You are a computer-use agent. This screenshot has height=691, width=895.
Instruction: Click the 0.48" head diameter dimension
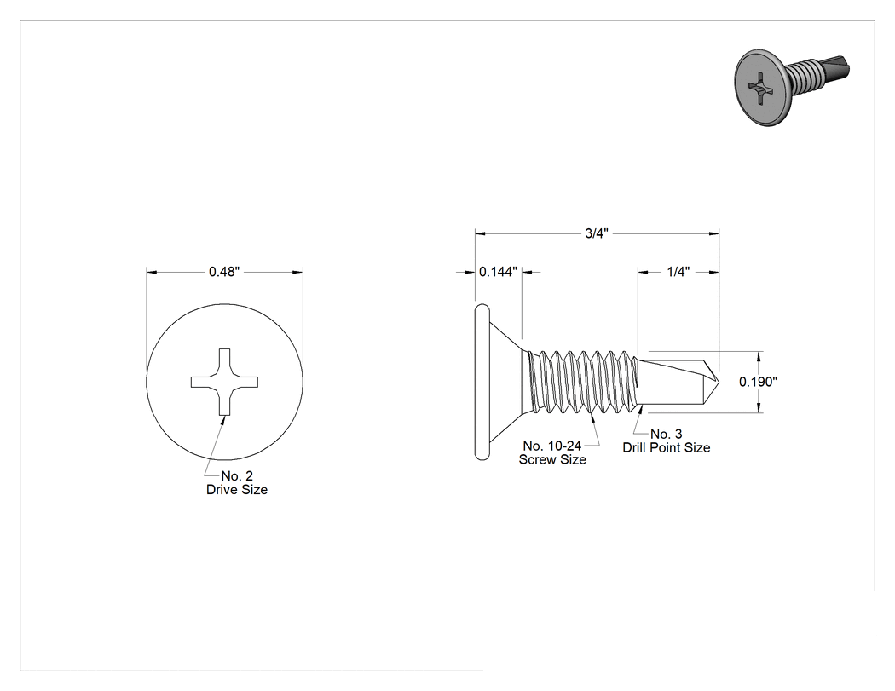[223, 272]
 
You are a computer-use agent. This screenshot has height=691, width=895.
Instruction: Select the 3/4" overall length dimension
[597, 233]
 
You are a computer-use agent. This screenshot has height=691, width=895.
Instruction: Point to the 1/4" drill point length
[678, 272]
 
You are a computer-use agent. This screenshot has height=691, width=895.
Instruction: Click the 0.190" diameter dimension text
[758, 382]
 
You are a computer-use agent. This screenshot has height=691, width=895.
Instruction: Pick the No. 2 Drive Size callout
[237, 483]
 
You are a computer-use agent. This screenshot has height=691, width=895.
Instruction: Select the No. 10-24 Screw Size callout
[552, 452]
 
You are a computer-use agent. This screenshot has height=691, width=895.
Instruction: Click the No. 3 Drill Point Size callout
[666, 441]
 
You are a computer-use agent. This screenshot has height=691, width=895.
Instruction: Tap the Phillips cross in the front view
[224, 382]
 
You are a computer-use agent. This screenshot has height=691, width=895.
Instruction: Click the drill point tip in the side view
[720, 382]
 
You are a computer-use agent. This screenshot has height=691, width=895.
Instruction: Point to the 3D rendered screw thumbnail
[792, 87]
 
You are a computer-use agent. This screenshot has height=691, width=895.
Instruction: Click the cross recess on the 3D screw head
[759, 89]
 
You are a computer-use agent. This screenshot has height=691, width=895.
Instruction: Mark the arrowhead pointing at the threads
[593, 419]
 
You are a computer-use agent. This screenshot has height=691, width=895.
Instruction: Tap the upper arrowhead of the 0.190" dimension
[759, 357]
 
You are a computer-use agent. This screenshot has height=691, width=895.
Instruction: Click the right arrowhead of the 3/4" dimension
[713, 233]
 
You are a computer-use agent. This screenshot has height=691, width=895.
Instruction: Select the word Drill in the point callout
[633, 447]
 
